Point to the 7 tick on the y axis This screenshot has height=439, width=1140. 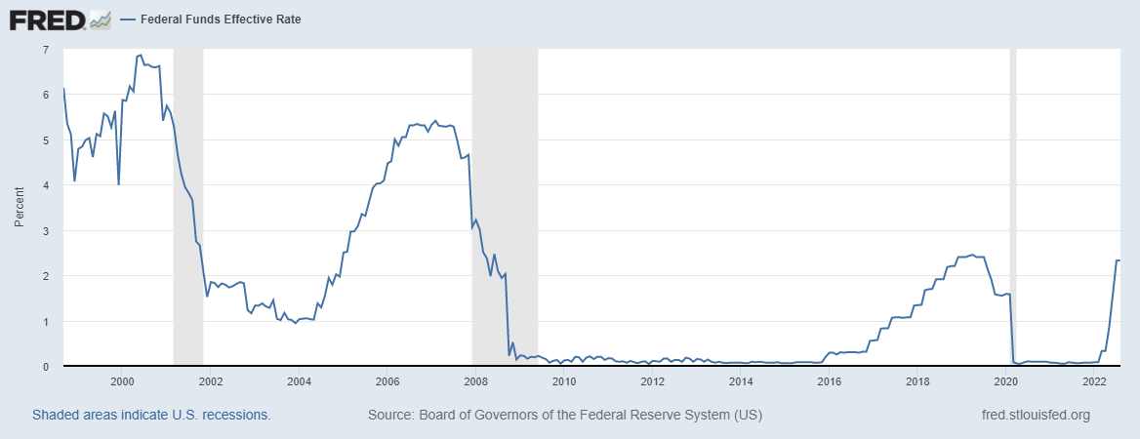point(46,49)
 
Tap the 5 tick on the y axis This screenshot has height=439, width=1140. point(46,140)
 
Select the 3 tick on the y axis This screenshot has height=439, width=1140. point(46,230)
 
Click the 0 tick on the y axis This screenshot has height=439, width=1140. point(46,367)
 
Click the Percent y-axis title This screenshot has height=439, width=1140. point(20,208)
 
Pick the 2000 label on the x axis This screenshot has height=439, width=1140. point(122,381)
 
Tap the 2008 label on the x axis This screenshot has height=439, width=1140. point(476,381)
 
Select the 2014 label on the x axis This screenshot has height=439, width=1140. point(741,381)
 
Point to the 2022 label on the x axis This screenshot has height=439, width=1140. point(1094,381)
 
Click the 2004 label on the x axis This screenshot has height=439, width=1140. point(299,381)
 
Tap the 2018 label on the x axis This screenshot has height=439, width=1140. point(917,381)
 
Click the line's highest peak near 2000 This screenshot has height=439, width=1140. point(141,55)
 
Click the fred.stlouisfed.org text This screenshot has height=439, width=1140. point(1036,415)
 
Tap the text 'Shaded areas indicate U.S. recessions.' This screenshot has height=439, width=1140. point(151,415)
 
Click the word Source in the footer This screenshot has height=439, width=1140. point(389,415)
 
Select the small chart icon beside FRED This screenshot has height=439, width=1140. point(100,19)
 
